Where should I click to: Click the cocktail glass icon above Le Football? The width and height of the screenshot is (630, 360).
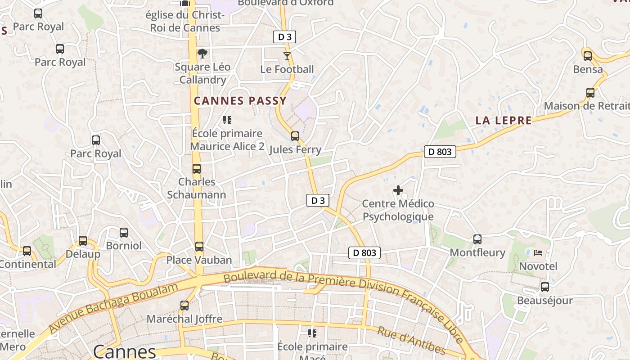[287, 56]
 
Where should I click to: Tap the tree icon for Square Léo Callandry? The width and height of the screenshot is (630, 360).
[202, 54]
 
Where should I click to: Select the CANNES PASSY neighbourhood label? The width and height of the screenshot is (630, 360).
[240, 101]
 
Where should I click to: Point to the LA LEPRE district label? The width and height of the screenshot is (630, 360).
[504, 121]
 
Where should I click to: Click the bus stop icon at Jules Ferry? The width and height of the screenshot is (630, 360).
[295, 136]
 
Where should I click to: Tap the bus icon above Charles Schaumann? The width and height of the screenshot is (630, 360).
[197, 169]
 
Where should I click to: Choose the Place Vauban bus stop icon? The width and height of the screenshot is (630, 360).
[199, 247]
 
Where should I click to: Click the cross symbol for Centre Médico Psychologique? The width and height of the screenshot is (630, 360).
[398, 190]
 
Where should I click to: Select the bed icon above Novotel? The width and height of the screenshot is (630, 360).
[538, 253]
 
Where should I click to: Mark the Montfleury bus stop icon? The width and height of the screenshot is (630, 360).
[477, 239]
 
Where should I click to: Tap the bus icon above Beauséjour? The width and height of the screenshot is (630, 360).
[545, 287]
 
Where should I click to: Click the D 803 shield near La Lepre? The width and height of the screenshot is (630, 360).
[440, 152]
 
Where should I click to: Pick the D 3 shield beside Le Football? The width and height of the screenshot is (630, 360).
[284, 37]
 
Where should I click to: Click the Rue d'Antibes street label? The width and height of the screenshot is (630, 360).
[411, 341]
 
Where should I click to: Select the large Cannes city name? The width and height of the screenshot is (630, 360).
[125, 351]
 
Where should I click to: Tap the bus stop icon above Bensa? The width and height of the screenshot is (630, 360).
[588, 56]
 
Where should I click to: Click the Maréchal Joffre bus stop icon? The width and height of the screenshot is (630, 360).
[184, 306]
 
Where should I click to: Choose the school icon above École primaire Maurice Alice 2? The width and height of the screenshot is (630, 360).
[227, 120]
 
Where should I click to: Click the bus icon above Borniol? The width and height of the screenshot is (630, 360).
[124, 233]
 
